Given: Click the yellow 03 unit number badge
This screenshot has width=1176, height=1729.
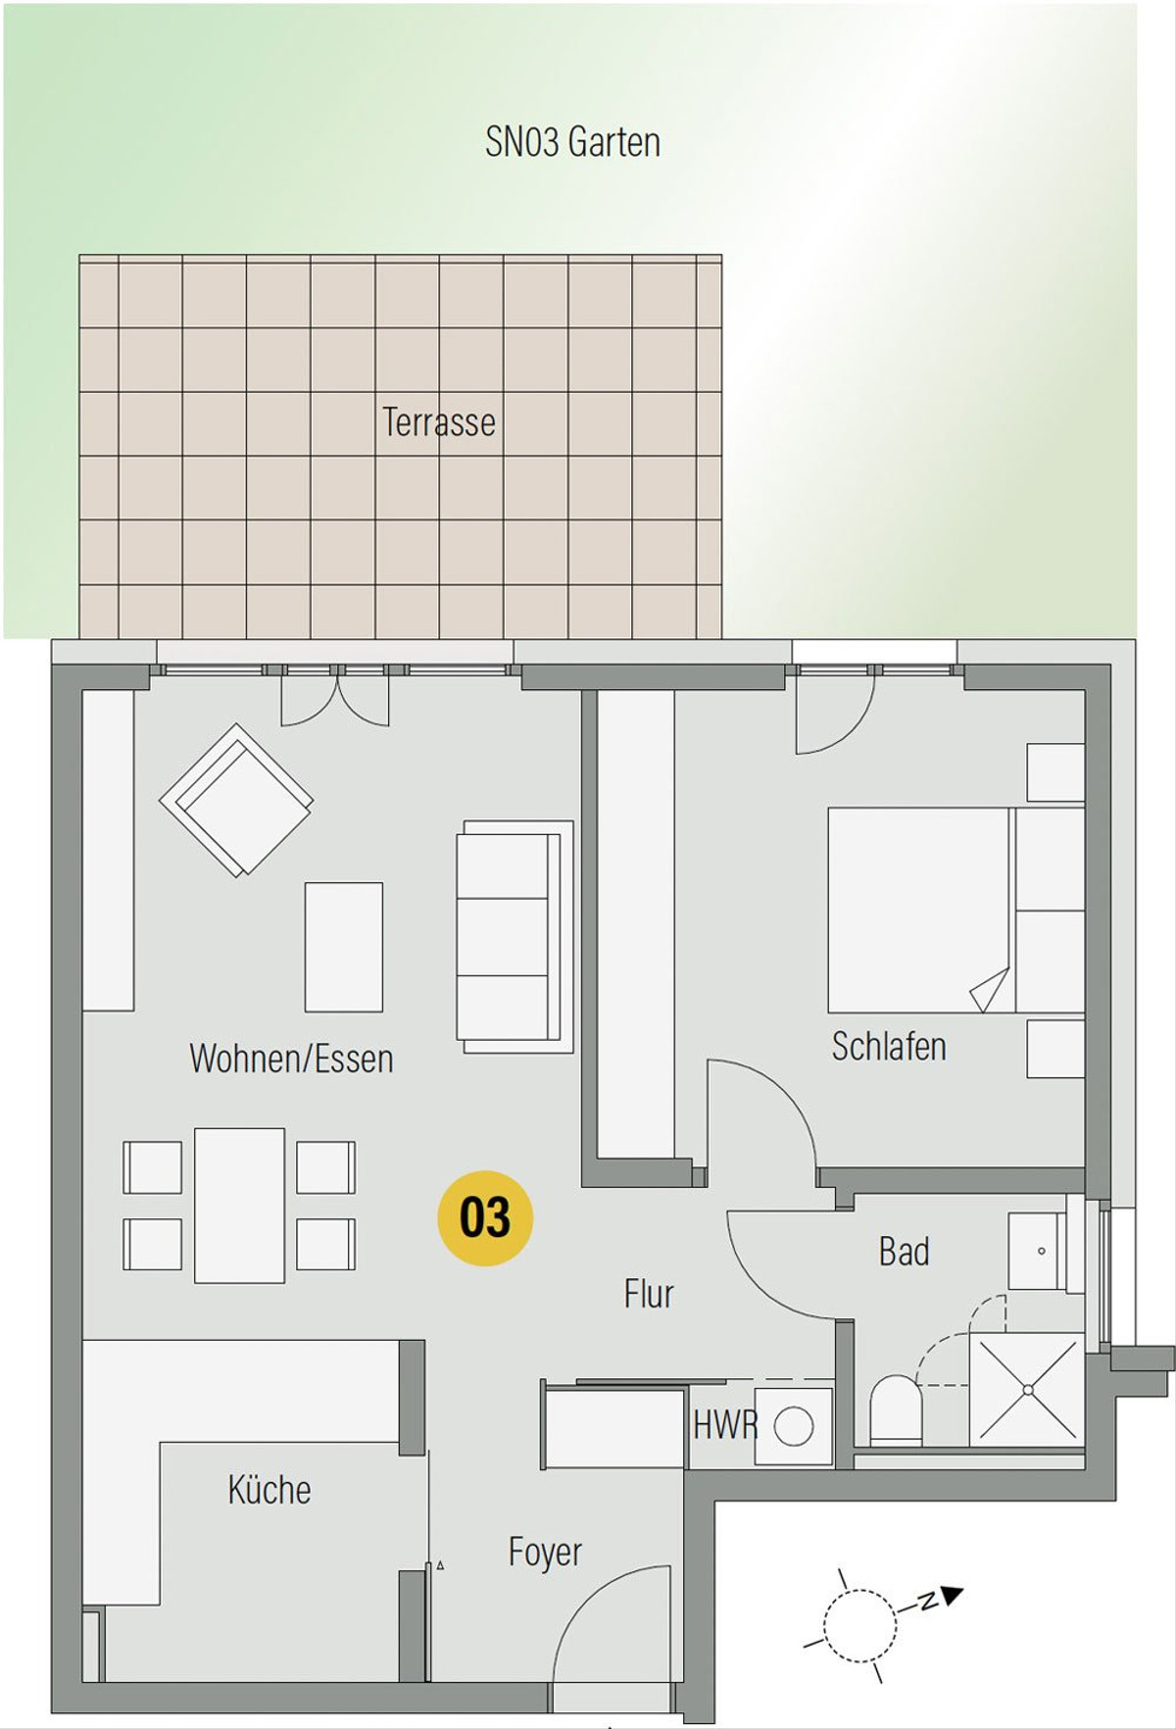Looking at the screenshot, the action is click(x=485, y=1218).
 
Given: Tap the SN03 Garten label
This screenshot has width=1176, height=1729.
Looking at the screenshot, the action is click(x=572, y=142).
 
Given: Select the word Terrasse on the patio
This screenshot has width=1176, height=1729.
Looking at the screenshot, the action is click(x=438, y=422).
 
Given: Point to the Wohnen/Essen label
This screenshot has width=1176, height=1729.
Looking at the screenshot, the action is click(x=291, y=1059).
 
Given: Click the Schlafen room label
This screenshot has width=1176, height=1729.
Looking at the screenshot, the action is click(x=889, y=1046).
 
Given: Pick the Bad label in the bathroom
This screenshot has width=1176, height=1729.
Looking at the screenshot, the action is click(x=904, y=1252).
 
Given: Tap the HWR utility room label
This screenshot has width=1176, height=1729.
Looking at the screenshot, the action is click(x=725, y=1425).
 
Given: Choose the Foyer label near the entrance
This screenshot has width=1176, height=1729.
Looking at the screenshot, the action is click(x=545, y=1553).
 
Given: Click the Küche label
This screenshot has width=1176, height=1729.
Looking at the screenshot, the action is click(x=269, y=1490).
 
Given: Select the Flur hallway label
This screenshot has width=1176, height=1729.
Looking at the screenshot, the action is click(x=649, y=1294).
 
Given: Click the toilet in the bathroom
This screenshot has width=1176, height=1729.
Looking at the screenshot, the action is click(x=897, y=1409).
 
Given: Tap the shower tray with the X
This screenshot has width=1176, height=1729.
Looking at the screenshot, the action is click(x=1027, y=1389).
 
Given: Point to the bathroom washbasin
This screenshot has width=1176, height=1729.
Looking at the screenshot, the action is click(x=1038, y=1251).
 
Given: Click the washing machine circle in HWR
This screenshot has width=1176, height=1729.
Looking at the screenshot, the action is click(x=793, y=1426).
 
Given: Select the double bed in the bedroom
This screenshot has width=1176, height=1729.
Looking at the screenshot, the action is click(x=955, y=910).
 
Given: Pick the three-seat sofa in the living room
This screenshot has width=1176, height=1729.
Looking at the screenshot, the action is click(x=514, y=937).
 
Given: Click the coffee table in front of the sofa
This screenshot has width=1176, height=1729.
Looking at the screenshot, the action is click(x=344, y=947).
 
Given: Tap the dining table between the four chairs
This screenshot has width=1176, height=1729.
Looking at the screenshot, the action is click(x=240, y=1206).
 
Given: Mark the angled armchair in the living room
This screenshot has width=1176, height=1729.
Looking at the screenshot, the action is click(x=236, y=800).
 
